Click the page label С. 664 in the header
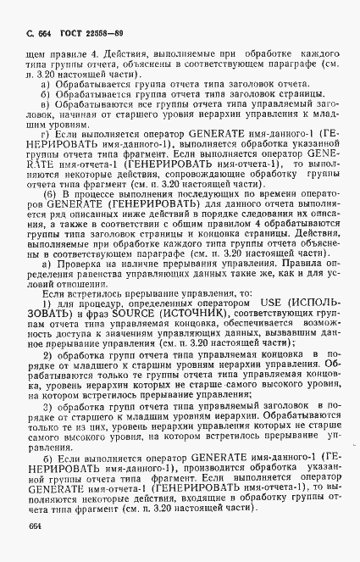click(39, 32)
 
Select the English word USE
click(256, 326)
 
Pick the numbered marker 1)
click(47, 326)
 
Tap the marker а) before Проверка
click(47, 286)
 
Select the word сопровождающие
click(209, 170)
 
